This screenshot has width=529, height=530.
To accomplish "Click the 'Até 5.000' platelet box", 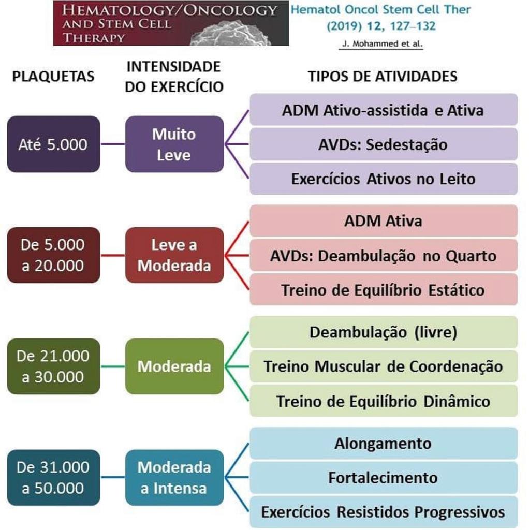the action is pyautogui.click(x=53, y=144).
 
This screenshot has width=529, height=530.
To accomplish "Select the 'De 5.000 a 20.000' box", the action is pyautogui.click(x=53, y=255).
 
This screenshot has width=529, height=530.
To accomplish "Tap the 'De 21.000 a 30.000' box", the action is pyautogui.click(x=53, y=366).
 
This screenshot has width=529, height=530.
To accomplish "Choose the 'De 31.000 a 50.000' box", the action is pyautogui.click(x=53, y=477).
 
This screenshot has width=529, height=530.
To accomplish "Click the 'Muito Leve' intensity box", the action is pyautogui.click(x=174, y=144).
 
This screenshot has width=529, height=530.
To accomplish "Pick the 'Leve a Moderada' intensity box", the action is pyautogui.click(x=174, y=255).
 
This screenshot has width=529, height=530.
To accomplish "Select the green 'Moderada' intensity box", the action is pyautogui.click(x=174, y=366).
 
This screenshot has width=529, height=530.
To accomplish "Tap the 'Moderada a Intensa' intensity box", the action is pyautogui.click(x=174, y=477).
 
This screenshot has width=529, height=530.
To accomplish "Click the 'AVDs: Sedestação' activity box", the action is pyautogui.click(x=383, y=144).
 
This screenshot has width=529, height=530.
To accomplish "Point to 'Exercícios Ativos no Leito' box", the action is pyautogui.click(x=383, y=179).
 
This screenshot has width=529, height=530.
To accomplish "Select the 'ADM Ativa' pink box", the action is pyautogui.click(x=383, y=220).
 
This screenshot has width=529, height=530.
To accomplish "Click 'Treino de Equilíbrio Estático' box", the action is pyautogui.click(x=383, y=289).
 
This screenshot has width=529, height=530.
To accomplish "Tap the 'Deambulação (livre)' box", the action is pyautogui.click(x=383, y=332).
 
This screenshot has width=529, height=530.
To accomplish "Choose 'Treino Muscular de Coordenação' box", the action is pyautogui.click(x=383, y=366).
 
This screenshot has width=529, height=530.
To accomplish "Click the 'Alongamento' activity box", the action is pyautogui.click(x=383, y=443).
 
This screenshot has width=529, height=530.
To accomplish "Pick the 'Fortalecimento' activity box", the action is pyautogui.click(x=383, y=477).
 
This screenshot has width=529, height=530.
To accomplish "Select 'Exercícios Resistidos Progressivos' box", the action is pyautogui.click(x=383, y=512).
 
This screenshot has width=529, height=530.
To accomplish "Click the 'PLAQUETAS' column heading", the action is pyautogui.click(x=53, y=77).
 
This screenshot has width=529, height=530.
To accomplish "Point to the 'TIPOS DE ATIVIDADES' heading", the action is pyautogui.click(x=383, y=77).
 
